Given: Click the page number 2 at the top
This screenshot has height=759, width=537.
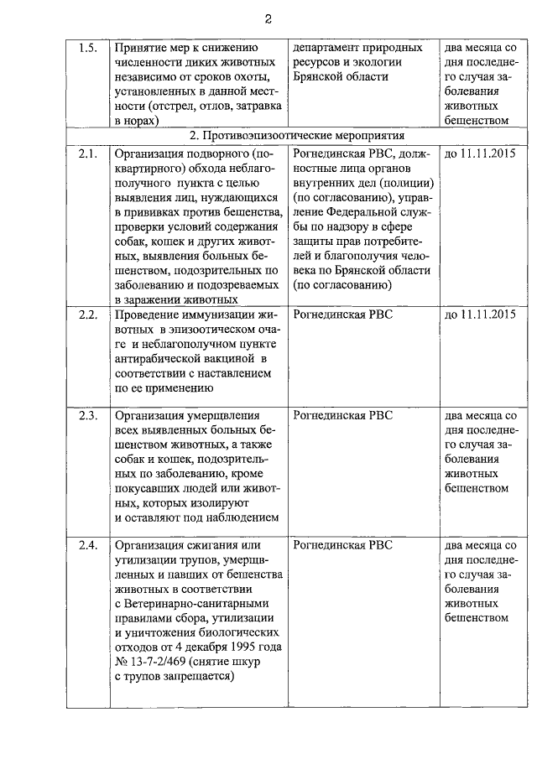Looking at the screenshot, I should [268, 19].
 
